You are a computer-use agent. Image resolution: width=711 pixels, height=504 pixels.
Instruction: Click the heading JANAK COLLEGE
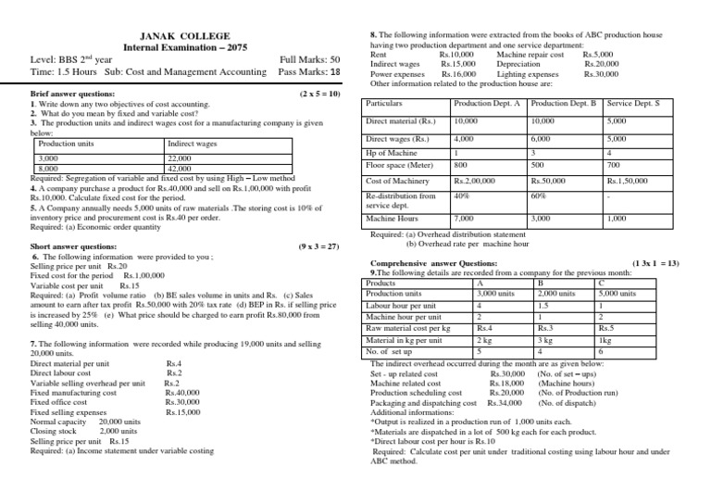[x=178, y=35]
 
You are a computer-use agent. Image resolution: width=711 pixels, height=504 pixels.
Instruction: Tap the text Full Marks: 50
[x=309, y=59]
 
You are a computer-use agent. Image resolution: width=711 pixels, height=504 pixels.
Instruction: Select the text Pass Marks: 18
[x=309, y=71]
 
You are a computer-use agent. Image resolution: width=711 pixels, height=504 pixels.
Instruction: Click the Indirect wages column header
[x=192, y=145]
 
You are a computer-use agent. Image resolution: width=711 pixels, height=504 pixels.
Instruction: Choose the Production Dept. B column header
[x=567, y=104]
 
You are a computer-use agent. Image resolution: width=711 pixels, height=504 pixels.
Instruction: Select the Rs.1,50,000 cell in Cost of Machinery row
[x=631, y=181]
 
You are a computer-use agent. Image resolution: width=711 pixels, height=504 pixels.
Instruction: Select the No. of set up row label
[x=392, y=350]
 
